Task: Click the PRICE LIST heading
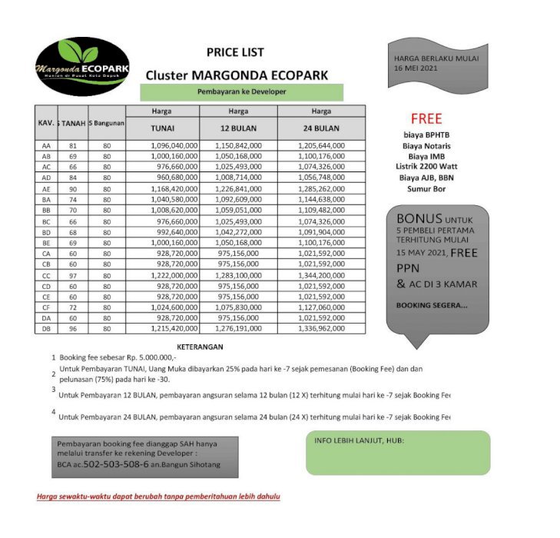tap(235, 52)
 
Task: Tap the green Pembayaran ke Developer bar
tap(241, 92)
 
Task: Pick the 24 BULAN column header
tap(321, 128)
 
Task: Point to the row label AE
tap(46, 188)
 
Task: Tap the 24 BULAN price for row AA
tap(321, 145)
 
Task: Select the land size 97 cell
tap(73, 274)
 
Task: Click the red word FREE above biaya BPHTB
tap(426, 119)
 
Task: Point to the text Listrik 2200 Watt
tap(426, 166)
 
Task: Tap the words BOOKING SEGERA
tap(431, 305)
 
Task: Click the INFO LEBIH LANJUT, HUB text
tap(360, 441)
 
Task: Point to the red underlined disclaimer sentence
tap(158, 496)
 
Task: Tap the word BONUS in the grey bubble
tap(419, 218)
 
